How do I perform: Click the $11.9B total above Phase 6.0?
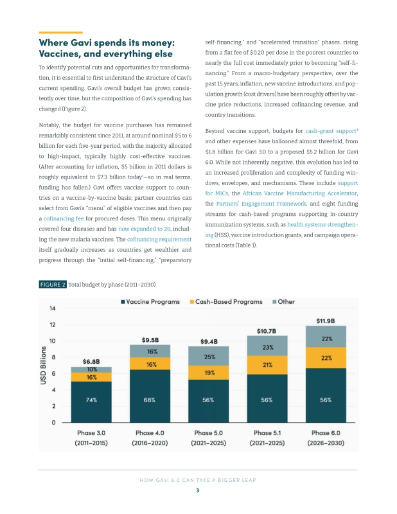(326, 321)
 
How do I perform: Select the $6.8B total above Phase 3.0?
(91, 362)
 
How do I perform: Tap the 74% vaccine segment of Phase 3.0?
(91, 402)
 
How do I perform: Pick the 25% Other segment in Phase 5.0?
(209, 356)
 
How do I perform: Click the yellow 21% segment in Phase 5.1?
(267, 365)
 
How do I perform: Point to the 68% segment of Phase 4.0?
(150, 396)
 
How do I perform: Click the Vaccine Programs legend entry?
(150, 302)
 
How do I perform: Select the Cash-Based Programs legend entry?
(226, 302)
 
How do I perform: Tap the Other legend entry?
(283, 302)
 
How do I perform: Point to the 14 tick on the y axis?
(53, 308)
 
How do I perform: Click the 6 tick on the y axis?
(53, 374)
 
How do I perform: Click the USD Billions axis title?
(43, 366)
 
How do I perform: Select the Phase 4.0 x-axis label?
(150, 433)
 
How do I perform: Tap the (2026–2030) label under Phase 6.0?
(326, 443)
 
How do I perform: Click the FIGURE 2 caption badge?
(53, 285)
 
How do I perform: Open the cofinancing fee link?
(64, 218)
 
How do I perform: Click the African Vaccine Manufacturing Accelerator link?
(299, 193)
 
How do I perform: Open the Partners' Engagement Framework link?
(261, 204)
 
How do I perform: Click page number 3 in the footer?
(198, 490)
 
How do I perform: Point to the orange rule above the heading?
(60, 33)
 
